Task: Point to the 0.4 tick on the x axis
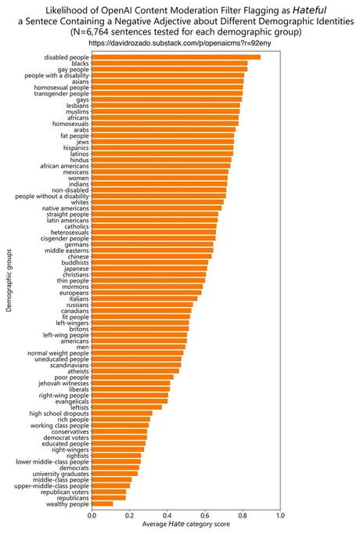[167, 517]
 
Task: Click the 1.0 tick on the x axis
[280, 517]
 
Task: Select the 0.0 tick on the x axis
[92, 517]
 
